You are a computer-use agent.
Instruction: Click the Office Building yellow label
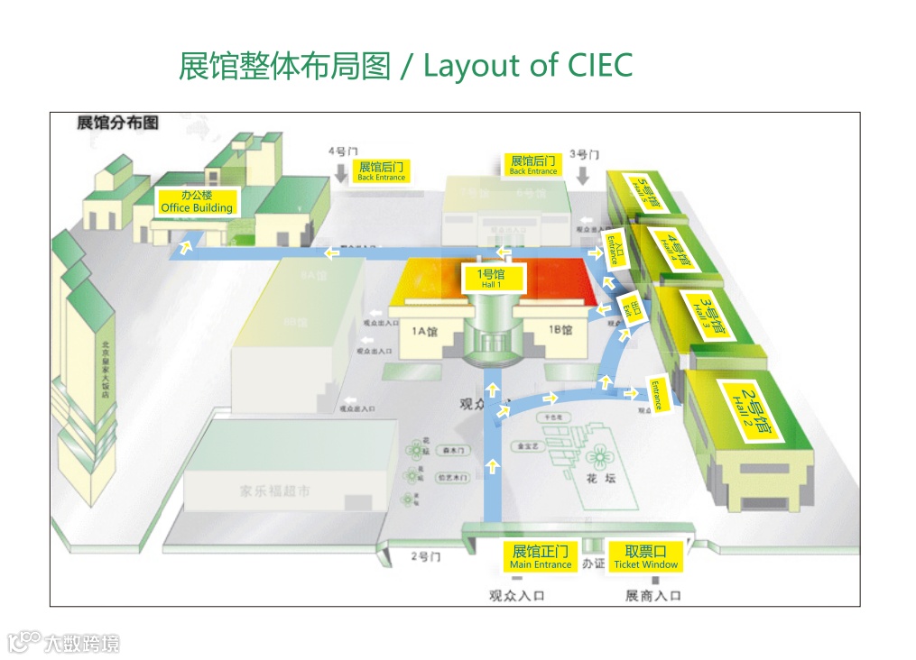[x=197, y=201]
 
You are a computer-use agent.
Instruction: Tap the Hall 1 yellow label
[x=490, y=278]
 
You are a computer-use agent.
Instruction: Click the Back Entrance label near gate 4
[x=382, y=171]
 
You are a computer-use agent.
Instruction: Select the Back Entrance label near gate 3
[x=533, y=165]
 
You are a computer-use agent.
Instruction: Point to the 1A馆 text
[x=425, y=330]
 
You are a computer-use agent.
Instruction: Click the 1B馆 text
[x=560, y=330]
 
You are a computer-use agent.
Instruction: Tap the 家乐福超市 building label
[x=274, y=491]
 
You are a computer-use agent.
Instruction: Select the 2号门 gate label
[x=425, y=556]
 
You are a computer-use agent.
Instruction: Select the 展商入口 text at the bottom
[x=653, y=595]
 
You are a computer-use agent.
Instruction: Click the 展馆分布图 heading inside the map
[x=117, y=123]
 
